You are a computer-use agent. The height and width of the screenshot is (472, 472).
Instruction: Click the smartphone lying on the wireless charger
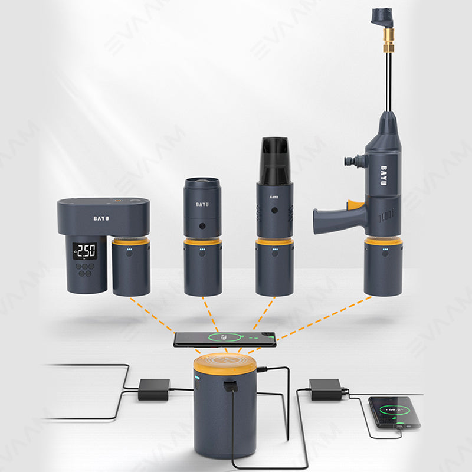(224, 339)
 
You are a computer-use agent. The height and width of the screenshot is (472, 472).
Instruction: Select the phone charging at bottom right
(395, 411)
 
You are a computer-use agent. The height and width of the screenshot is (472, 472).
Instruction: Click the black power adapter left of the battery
(154, 389)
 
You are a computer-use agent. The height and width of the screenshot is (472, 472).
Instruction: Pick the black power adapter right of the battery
(326, 389)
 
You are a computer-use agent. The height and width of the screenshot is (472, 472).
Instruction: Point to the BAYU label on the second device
(202, 205)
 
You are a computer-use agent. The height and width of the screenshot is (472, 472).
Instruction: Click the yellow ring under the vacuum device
(274, 241)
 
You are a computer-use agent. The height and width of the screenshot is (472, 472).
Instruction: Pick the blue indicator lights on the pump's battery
(131, 251)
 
